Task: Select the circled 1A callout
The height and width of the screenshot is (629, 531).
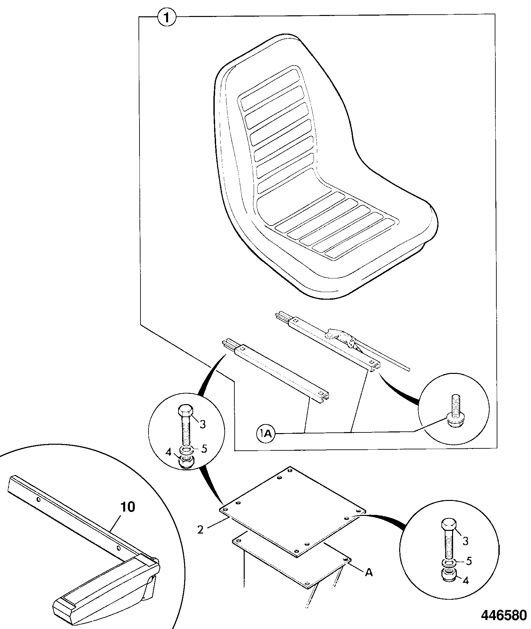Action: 265,433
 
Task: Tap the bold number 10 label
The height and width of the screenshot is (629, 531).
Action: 128,507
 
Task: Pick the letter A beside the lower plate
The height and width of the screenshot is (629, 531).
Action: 369,573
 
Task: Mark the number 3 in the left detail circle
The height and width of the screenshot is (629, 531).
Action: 202,424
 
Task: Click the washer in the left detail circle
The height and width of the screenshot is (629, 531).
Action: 186,451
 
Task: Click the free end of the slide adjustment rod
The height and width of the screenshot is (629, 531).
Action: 408,369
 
